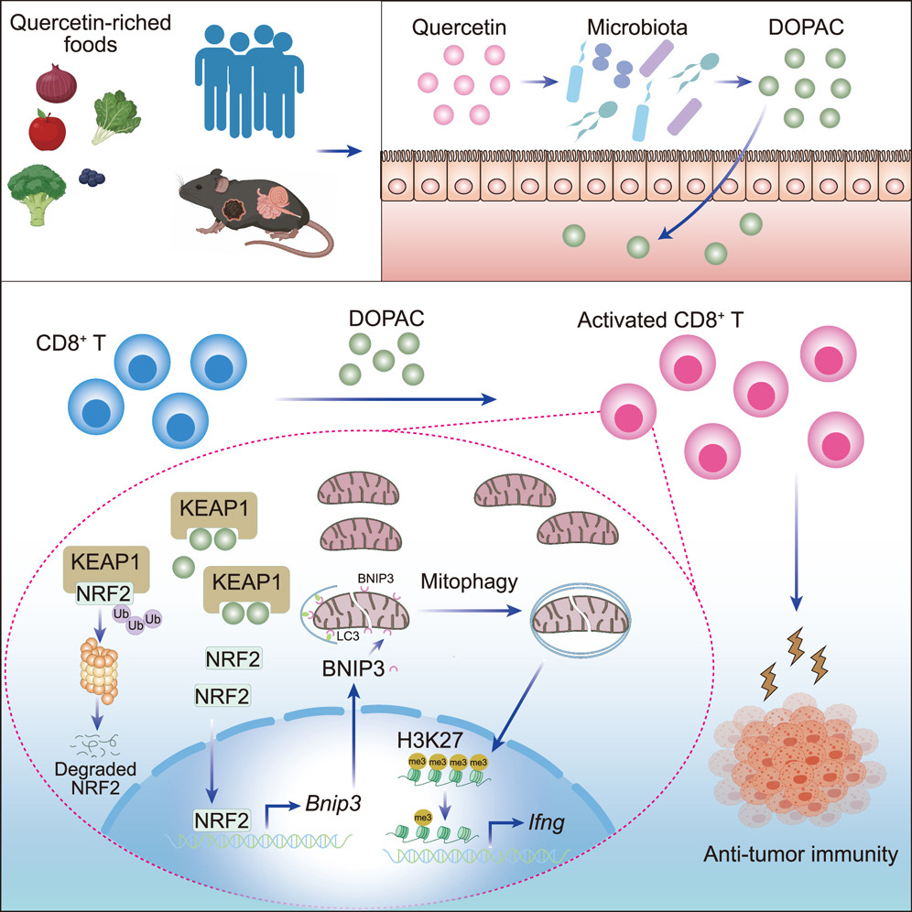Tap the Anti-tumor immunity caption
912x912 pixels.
798,855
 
